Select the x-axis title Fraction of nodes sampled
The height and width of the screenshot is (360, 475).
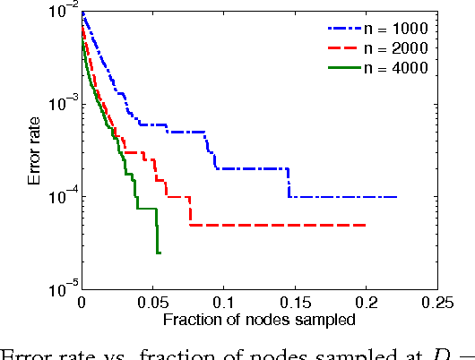(260, 320)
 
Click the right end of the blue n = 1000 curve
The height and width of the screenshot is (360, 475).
(396, 197)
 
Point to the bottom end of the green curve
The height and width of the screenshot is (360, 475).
(158, 253)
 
